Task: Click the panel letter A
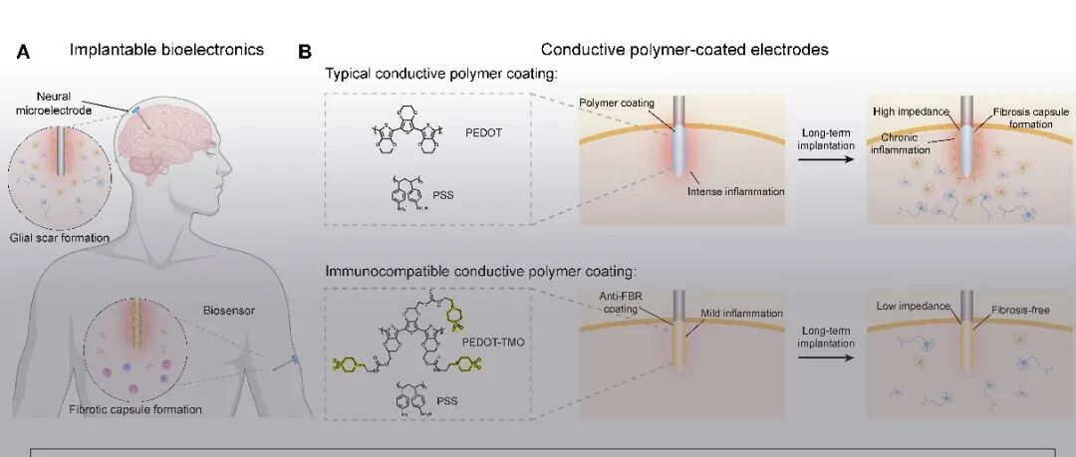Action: tap(23, 51)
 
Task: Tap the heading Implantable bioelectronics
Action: tap(166, 49)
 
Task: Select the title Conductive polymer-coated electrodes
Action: tap(684, 49)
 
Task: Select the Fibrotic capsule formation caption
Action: tap(135, 409)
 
